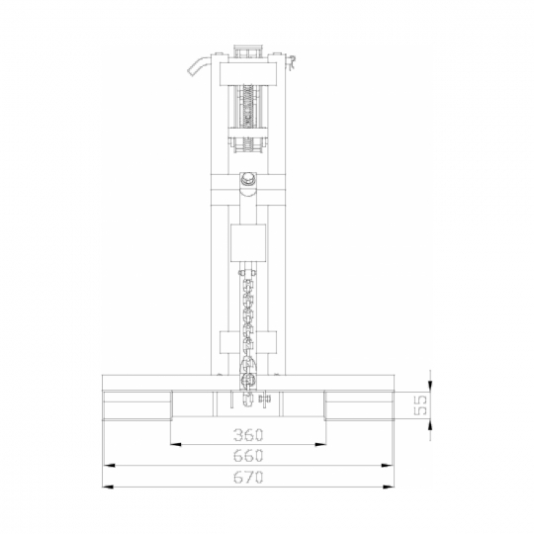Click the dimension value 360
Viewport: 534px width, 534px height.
248,435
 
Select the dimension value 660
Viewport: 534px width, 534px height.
248,456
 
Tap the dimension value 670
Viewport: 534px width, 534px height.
248,477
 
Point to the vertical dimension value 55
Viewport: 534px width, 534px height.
420,405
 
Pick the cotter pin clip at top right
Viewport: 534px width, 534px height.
292,63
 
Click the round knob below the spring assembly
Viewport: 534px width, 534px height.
248,178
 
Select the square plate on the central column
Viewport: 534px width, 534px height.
248,243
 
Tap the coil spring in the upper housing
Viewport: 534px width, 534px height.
247,106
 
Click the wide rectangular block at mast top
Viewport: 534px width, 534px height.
247,74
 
